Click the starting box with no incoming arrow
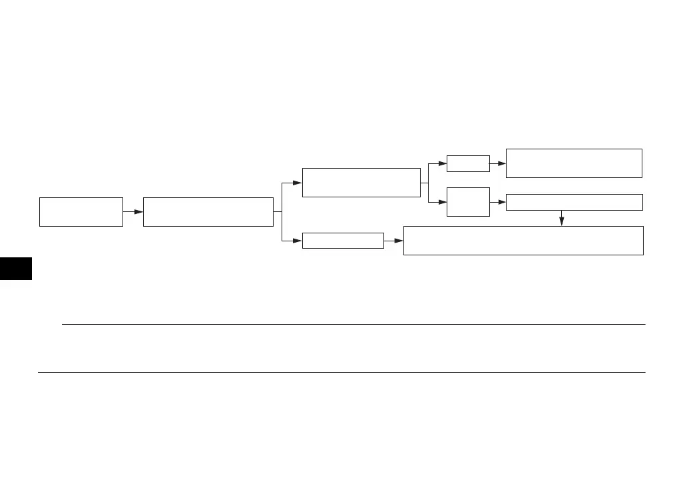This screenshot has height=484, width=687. click(x=81, y=212)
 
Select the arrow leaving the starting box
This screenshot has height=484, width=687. click(x=133, y=212)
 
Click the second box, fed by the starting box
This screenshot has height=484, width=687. click(x=208, y=212)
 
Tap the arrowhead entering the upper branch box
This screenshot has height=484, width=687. click(x=297, y=183)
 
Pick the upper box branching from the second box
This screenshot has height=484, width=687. click(x=361, y=183)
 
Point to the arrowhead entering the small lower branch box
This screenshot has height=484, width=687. click(x=297, y=241)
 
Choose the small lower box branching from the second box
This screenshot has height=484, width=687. click(x=343, y=241)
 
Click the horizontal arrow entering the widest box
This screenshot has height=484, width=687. click(x=394, y=241)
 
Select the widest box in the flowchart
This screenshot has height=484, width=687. click(x=523, y=241)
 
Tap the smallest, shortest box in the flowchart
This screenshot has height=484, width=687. click(x=468, y=163)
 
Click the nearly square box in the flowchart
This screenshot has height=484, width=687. click(x=468, y=202)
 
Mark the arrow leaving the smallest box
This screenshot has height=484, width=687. click(x=498, y=163)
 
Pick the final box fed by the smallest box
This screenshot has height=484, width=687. click(x=574, y=163)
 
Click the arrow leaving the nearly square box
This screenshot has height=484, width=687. click(x=498, y=202)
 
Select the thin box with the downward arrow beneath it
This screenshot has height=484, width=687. click(x=574, y=202)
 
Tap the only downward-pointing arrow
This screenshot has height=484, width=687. click(x=562, y=219)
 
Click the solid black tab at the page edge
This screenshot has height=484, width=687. click(x=16, y=266)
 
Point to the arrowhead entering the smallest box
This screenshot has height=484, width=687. click(x=442, y=163)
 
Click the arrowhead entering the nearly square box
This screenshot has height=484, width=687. click(x=442, y=202)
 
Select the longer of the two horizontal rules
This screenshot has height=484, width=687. click(x=342, y=372)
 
